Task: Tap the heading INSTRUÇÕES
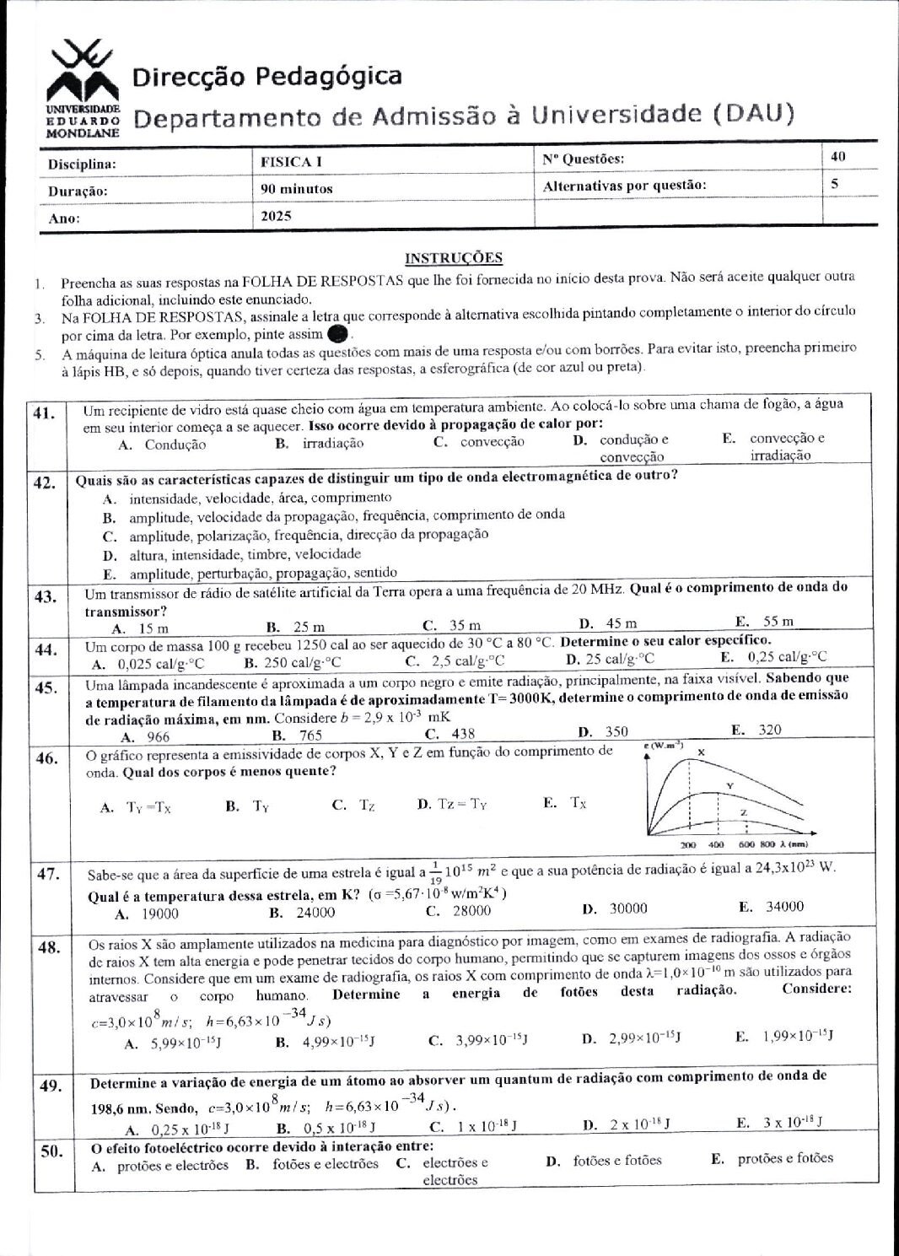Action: click(453, 258)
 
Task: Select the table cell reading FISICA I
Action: click(292, 161)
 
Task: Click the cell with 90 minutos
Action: click(297, 189)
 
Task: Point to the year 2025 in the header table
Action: click(276, 216)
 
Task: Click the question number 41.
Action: click(45, 412)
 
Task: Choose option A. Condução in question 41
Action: click(163, 445)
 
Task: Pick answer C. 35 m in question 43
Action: click(452, 625)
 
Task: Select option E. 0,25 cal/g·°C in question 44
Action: click(773, 657)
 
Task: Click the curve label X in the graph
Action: click(701, 751)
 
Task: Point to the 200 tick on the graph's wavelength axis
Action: click(688, 844)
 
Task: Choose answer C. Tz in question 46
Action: click(353, 805)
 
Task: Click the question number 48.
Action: click(49, 947)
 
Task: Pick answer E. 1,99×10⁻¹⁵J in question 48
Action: click(783, 1036)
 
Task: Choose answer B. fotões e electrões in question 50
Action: click(312, 1164)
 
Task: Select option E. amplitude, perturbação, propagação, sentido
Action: click(250, 574)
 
